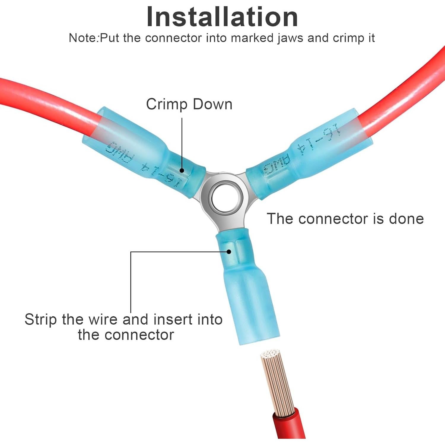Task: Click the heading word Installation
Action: (x=222, y=17)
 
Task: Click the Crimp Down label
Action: (x=189, y=104)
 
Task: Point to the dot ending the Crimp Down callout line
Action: (x=182, y=170)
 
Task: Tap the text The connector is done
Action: (x=345, y=219)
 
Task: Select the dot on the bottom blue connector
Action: (x=229, y=252)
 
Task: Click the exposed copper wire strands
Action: (x=277, y=383)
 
